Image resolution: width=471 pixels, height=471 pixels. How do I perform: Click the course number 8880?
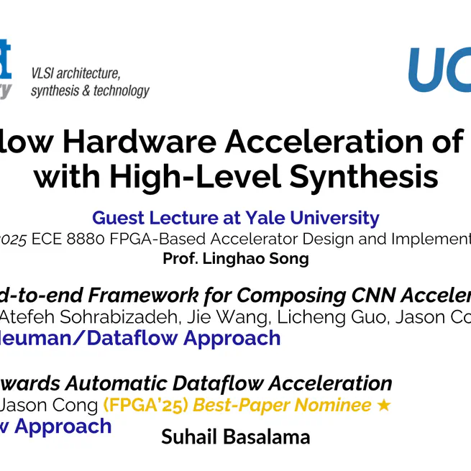point(91,239)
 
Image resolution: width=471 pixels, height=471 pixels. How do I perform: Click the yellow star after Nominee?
point(384,405)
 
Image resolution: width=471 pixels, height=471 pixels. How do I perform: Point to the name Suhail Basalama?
point(235,436)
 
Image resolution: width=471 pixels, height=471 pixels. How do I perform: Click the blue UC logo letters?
point(439,70)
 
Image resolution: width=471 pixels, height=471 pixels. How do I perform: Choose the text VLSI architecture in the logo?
point(75,73)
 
